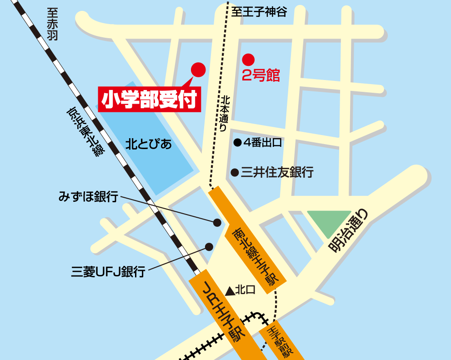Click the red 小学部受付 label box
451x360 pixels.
pyautogui.click(x=150, y=99)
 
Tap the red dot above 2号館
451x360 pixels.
pyautogui.click(x=248, y=59)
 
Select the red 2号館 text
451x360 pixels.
pyautogui.click(x=261, y=75)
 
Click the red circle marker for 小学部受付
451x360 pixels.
pyautogui.click(x=198, y=69)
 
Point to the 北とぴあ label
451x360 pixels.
pyautogui.click(x=149, y=145)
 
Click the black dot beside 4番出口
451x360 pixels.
pyautogui.click(x=237, y=143)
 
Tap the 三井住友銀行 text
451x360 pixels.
pyautogui.click(x=277, y=172)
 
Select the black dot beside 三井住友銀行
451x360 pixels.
pyautogui.click(x=235, y=172)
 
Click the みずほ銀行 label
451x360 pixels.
pyautogui.click(x=88, y=197)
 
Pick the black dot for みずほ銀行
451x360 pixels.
pyautogui.click(x=217, y=222)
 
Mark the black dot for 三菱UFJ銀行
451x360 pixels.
pyautogui.click(x=209, y=247)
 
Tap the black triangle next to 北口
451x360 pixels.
pyautogui.click(x=230, y=290)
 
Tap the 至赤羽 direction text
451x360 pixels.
pyautogui.click(x=52, y=25)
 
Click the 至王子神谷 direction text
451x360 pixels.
pyautogui.click(x=259, y=12)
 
